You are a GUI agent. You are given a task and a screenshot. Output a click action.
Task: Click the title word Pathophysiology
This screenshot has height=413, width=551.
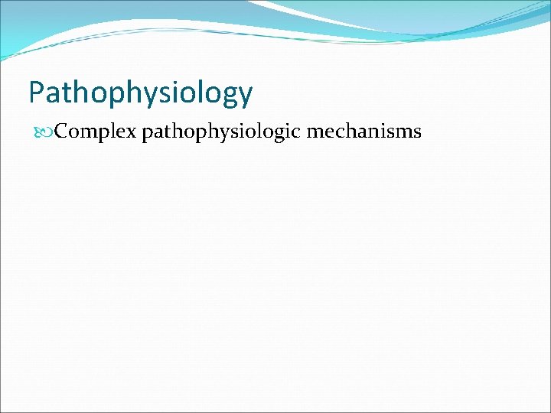tap(140, 93)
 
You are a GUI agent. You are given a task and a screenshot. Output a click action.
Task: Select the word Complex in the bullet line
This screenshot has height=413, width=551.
tap(96, 132)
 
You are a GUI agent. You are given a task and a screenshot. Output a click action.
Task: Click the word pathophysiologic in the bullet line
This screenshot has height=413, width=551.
tap(221, 132)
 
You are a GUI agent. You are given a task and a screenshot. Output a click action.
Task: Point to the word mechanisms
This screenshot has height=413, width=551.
tap(364, 132)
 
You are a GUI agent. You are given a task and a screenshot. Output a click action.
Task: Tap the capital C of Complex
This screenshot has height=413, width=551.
tap(62, 132)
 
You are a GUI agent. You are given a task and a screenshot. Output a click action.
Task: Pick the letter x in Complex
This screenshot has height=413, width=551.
tap(132, 132)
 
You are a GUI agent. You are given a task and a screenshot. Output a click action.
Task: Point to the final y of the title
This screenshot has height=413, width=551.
tap(245, 96)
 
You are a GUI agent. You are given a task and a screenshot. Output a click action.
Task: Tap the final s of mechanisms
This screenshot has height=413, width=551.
tap(417, 132)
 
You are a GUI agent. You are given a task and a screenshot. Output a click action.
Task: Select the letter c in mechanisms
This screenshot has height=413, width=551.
tap(337, 132)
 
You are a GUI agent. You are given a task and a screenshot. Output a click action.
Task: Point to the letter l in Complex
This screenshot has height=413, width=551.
tap(112, 131)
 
